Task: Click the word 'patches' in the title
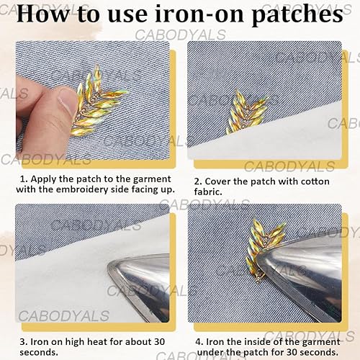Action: coord(297,15)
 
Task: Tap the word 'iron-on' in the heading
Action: coord(200,14)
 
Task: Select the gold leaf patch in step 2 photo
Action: coord(246,111)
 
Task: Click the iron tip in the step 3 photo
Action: coord(109,265)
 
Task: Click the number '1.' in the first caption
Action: coord(24,179)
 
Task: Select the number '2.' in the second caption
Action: coord(198,181)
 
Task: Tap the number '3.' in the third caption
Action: coord(24,342)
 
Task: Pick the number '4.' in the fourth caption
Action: coord(199,342)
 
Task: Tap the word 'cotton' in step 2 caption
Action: coord(315,181)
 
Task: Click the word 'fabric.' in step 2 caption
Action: coord(208,192)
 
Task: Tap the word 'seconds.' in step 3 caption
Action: coord(39,352)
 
